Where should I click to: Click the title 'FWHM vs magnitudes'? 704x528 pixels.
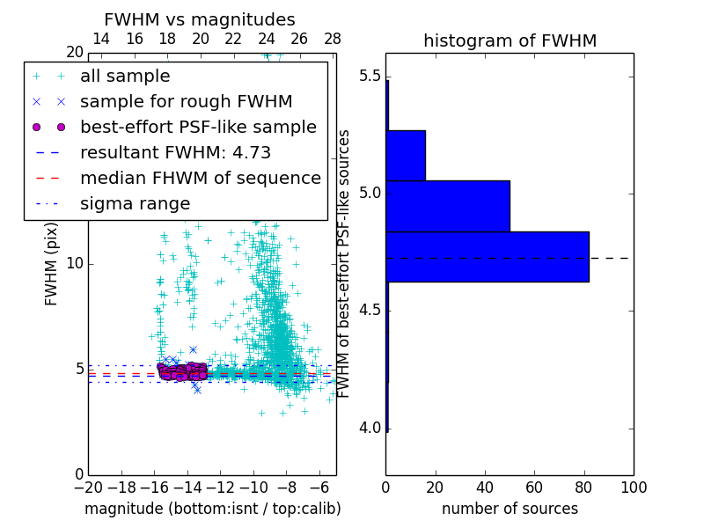200,20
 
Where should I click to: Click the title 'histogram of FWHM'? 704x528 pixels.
510,40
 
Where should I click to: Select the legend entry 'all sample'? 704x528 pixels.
125,77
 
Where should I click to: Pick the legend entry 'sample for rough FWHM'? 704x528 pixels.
186,102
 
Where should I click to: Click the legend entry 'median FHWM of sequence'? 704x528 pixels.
200,179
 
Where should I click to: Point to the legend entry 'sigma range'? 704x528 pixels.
135,204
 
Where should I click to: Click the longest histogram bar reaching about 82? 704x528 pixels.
488,256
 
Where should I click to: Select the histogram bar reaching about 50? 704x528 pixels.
448,206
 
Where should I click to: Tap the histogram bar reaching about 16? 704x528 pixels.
406,156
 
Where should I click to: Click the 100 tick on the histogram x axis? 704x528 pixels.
634,487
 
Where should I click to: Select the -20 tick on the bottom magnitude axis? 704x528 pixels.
88,487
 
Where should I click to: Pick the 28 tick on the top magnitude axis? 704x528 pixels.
333,39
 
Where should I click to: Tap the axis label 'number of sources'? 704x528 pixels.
510,509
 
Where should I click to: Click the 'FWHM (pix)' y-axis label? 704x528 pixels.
52,263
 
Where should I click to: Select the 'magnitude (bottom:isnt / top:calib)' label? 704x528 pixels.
212,509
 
